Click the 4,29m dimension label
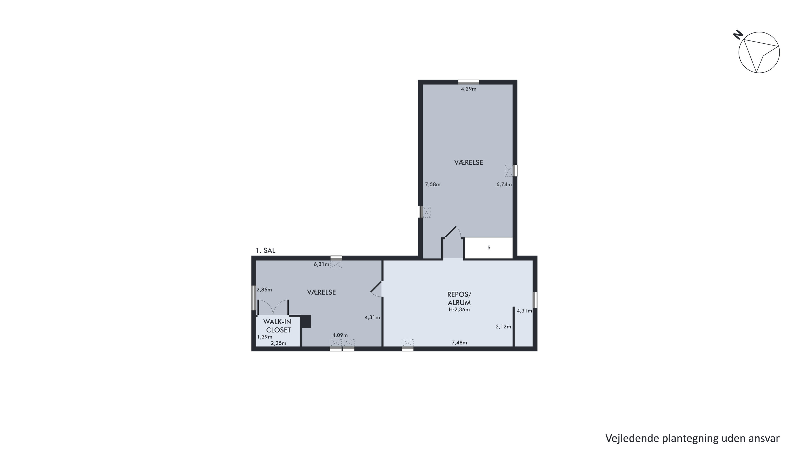click(468, 89)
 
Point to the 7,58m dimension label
click(433, 184)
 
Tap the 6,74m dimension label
click(504, 184)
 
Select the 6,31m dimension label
click(321, 264)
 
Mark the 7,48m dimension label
click(460, 342)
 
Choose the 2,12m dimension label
click(503, 327)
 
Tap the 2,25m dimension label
click(278, 343)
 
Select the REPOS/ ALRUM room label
click(459, 298)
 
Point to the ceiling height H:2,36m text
click(459, 310)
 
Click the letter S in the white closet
click(489, 247)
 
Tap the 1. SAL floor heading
click(266, 250)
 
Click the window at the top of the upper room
click(468, 82)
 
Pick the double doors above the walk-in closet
click(273, 307)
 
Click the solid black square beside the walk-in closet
click(306, 321)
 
